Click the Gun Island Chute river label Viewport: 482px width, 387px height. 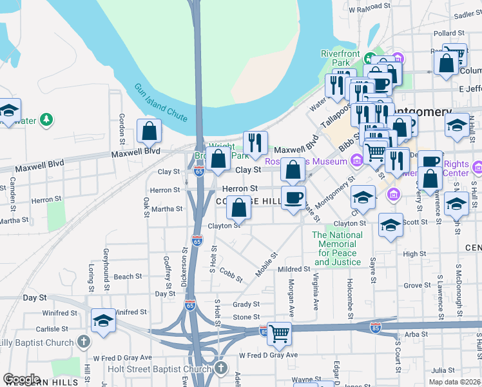(161, 103)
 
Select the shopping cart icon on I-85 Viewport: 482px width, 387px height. (279, 334)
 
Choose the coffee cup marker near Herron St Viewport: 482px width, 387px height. (293, 198)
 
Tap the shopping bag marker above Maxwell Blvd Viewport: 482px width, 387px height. (149, 132)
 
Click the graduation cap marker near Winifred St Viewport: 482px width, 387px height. (103, 321)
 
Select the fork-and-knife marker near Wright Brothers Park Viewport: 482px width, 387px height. (255, 143)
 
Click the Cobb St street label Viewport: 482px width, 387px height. (230, 275)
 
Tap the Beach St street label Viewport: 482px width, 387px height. (128, 277)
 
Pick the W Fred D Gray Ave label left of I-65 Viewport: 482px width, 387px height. (122, 357)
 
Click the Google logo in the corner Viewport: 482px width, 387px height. (21, 379)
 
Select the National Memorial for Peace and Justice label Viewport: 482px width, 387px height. (337, 248)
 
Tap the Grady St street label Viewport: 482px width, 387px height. (246, 304)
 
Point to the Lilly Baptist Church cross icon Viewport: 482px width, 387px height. (82, 341)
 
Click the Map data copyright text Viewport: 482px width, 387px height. (454, 382)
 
